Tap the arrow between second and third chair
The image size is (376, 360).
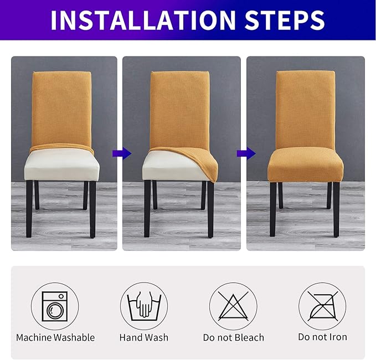click(243, 153)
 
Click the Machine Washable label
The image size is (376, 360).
click(55, 337)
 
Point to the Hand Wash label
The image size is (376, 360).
click(144, 337)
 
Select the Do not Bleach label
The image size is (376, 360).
click(233, 337)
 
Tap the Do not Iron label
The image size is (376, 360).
click(322, 337)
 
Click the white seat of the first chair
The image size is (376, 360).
click(61, 166)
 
